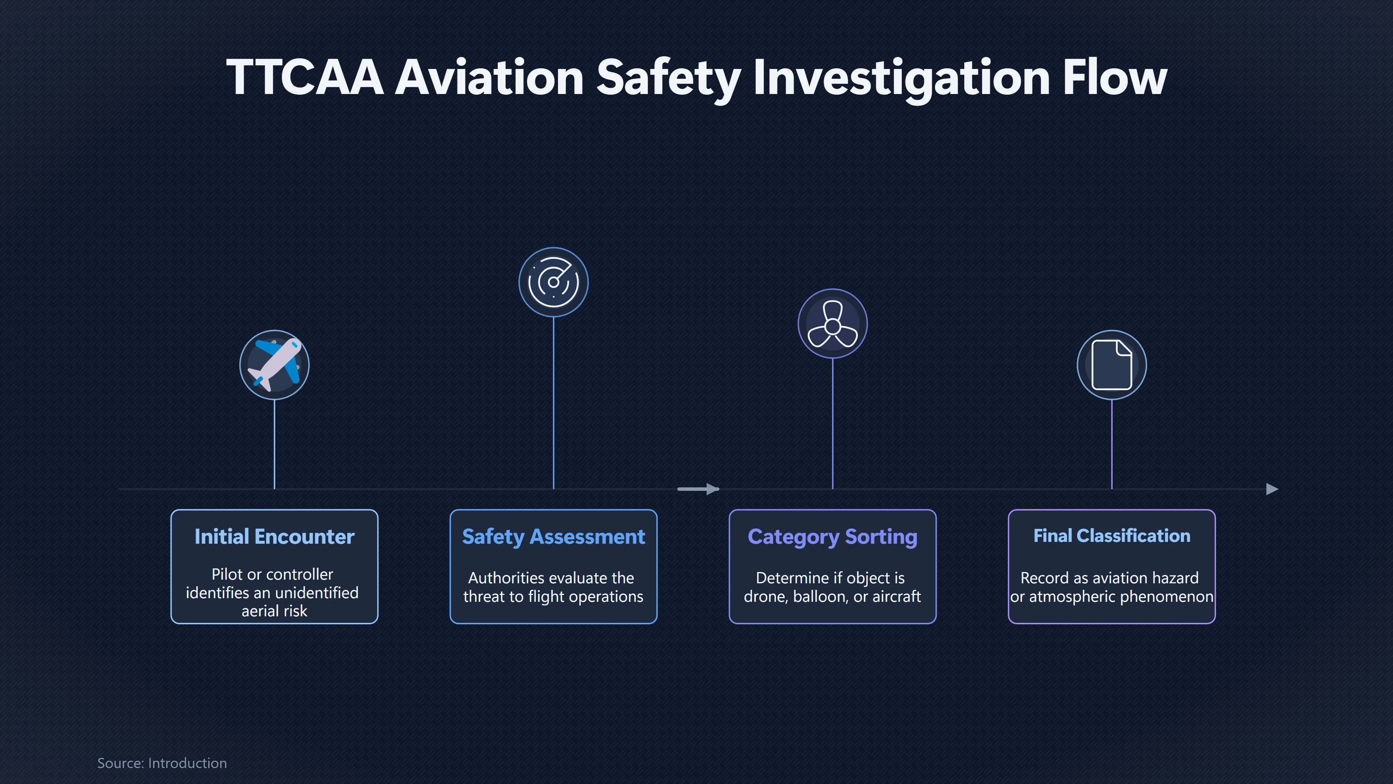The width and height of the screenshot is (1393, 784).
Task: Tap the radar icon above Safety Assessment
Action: pyautogui.click(x=553, y=282)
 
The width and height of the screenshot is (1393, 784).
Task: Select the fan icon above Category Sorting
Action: pyautogui.click(x=832, y=324)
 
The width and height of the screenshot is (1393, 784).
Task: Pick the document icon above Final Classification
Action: pyautogui.click(x=1111, y=365)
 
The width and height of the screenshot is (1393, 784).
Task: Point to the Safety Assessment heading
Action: pyautogui.click(x=553, y=537)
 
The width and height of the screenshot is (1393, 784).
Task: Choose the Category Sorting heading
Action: pyautogui.click(x=832, y=537)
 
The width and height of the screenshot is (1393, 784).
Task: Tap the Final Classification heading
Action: pyautogui.click(x=1111, y=536)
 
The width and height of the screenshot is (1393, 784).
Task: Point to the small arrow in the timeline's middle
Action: pyautogui.click(x=698, y=489)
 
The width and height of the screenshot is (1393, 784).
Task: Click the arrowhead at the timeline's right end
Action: pyautogui.click(x=1273, y=489)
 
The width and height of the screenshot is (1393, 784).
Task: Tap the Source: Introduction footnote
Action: pyautogui.click(x=162, y=763)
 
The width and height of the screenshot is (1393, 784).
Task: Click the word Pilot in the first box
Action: pyautogui.click(x=227, y=574)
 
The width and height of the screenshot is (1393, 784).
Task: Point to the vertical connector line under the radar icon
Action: pyautogui.click(x=553, y=403)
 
